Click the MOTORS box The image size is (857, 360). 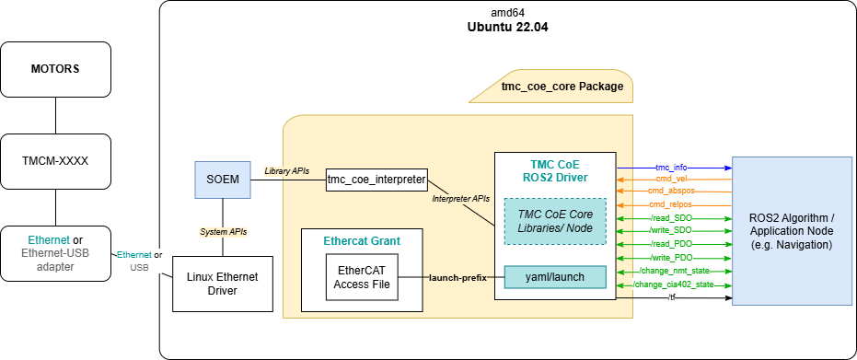tap(55, 69)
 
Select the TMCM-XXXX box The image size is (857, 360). tap(55, 160)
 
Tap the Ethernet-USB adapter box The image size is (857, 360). tap(55, 252)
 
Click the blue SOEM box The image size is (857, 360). tap(223, 180)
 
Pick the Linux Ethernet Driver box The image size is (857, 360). tap(223, 284)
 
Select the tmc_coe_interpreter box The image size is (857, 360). tap(375, 180)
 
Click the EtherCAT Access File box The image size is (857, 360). tap(362, 276)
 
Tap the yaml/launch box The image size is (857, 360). tap(555, 276)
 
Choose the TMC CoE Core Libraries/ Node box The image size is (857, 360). tap(555, 221)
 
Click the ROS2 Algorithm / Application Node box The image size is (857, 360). tap(792, 232)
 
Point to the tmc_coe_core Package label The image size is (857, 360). tap(561, 87)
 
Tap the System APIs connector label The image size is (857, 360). tap(223, 231)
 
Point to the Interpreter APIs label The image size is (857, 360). tap(461, 198)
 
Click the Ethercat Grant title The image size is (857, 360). tap(362, 241)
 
